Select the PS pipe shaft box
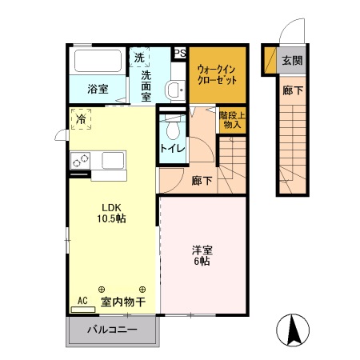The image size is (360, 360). click(x=179, y=54)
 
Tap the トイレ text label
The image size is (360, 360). click(x=172, y=149)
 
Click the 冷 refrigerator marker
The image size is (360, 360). click(x=82, y=118)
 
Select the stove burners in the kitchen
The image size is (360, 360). click(x=80, y=160)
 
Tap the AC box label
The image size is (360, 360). click(x=81, y=302)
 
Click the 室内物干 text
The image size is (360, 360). click(x=122, y=302)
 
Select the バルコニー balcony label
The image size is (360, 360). click(x=112, y=330)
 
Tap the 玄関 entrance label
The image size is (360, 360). click(x=291, y=61)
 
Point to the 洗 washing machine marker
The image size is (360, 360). click(x=139, y=58)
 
